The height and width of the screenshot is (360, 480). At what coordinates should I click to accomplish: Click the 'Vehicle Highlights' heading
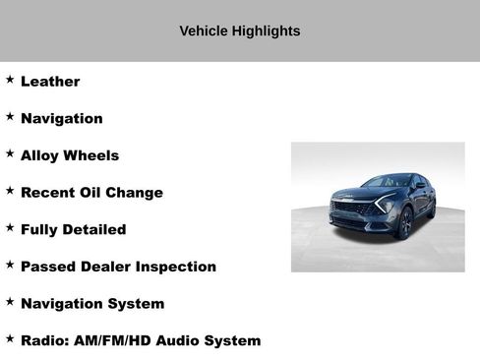click(239, 31)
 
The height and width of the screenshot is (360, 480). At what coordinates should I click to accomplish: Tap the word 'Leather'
click(50, 82)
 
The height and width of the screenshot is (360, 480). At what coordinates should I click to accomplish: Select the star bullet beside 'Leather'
click(10, 80)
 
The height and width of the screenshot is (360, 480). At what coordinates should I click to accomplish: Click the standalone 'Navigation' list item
click(61, 119)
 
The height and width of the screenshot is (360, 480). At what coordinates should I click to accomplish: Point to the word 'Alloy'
click(41, 155)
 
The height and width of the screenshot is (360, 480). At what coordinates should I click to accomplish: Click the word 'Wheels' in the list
click(91, 155)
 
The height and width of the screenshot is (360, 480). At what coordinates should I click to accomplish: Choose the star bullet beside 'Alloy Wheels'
click(10, 153)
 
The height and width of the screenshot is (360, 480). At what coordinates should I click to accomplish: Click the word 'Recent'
click(48, 193)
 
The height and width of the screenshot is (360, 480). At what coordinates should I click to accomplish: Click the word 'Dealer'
click(108, 267)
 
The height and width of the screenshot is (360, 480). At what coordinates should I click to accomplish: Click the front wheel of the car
click(406, 225)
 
